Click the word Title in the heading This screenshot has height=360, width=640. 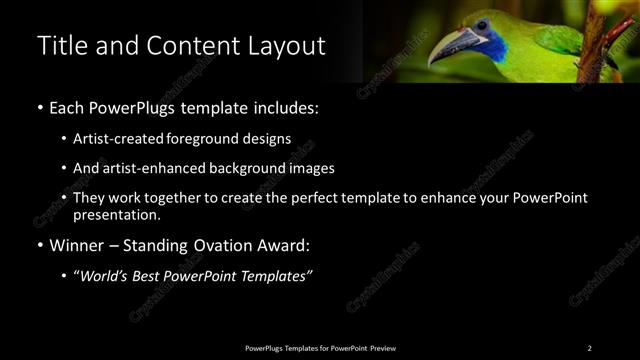tap(60, 46)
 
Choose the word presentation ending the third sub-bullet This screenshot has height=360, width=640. tap(116, 215)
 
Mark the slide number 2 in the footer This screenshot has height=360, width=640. tap(589, 348)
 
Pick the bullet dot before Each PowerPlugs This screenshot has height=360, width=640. tap(39, 107)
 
